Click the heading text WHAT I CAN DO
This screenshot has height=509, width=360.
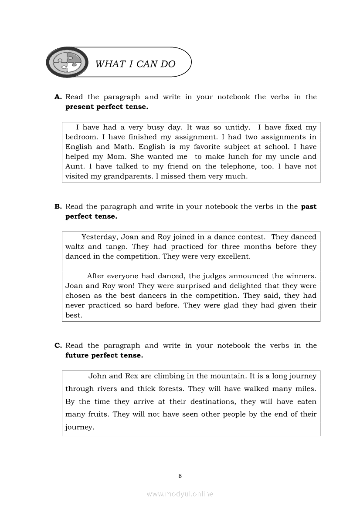coord(135,64)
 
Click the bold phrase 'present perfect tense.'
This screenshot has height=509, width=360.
coord(107,107)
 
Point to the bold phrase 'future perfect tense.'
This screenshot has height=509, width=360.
coord(104,355)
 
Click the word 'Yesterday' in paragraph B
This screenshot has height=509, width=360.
coord(99,237)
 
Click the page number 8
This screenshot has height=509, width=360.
coord(180,475)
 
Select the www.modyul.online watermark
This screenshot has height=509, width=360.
coord(180,494)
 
